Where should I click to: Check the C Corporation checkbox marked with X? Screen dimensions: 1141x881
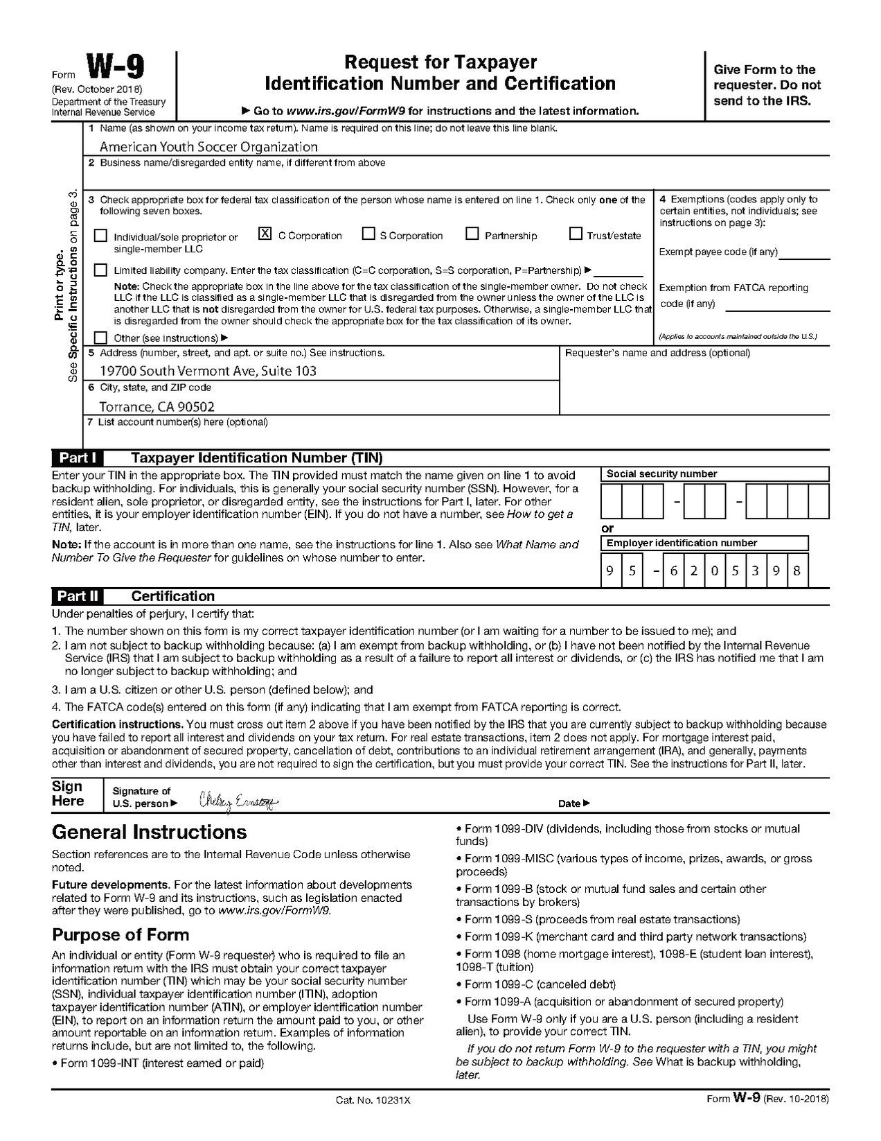point(265,234)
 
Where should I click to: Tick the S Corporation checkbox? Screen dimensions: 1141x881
point(368,234)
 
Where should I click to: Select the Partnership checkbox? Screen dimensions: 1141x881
point(472,234)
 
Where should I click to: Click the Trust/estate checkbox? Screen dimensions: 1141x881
point(576,234)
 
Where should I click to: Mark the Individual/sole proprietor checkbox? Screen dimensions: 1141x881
point(101,236)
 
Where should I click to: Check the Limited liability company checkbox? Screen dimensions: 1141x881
point(101,270)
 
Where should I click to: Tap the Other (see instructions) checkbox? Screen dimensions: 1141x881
point(101,338)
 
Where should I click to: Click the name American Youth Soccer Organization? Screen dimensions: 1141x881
point(208,147)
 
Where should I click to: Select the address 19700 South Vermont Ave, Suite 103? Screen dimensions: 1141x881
point(208,371)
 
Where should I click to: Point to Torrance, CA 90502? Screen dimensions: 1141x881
point(157,407)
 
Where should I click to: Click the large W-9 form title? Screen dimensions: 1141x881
point(115,69)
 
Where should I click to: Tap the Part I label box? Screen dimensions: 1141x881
point(78,458)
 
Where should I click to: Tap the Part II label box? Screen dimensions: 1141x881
point(78,596)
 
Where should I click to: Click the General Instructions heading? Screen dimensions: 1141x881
point(149,832)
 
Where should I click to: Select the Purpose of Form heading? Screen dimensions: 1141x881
point(121,934)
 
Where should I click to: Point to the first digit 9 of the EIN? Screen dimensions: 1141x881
point(610,571)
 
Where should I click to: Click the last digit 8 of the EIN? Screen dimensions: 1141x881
point(797,571)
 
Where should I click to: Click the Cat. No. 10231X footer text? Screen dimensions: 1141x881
point(373,1100)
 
